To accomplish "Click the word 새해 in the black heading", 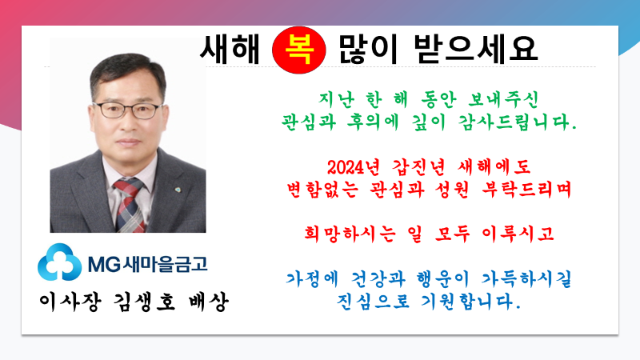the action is coord(230,50).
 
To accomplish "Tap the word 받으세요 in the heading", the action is coord(475,50).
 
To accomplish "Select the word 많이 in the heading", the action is coord(368,50).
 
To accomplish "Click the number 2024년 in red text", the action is coord(354,167).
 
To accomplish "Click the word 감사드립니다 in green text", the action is coord(517,122).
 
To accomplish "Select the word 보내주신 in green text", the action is coord(504,99).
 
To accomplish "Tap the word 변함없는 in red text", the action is coord(322,190).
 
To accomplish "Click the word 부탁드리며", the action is coord(526,190).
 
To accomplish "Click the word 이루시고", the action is coord(518,234).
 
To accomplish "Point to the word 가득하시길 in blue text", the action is coord(526,279).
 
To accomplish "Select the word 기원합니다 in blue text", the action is coord(470,302).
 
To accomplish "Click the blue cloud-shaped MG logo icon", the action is coord(59,262).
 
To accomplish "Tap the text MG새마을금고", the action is coord(148,264).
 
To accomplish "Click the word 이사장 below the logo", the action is coord(70,302).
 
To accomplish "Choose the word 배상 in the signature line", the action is coord(209,302).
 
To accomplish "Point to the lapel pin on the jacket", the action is coord(178,190).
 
